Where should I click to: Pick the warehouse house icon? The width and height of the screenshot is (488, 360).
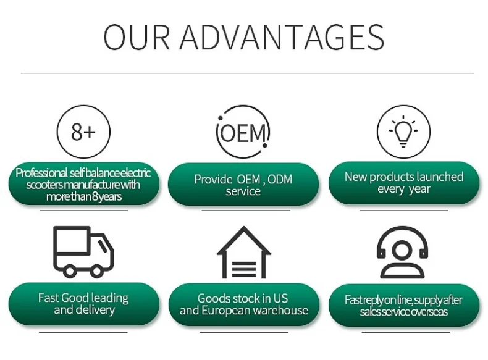[x=243, y=252]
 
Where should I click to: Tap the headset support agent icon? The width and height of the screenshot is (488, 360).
[x=403, y=252]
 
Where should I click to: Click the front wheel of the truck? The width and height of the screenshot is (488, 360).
[x=98, y=270]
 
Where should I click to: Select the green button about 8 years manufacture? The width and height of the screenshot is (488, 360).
[x=83, y=185]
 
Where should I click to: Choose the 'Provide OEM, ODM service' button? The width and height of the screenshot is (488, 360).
[x=243, y=185]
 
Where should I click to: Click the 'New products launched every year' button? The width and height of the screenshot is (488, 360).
[x=403, y=183]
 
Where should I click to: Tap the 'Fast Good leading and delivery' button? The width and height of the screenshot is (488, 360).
[x=83, y=304]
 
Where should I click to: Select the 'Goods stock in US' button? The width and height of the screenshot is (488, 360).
[x=243, y=304]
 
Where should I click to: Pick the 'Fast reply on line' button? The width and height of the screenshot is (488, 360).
[x=403, y=306]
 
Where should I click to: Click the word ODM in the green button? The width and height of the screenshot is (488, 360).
[x=279, y=180]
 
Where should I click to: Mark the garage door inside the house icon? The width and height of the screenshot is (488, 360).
[x=244, y=266]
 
